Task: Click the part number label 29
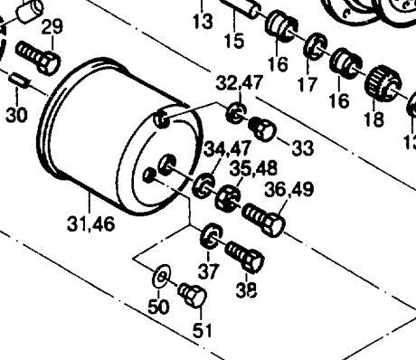click(x=52, y=27)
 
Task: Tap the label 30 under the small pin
click(x=17, y=115)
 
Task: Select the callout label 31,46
click(x=91, y=224)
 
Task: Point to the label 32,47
click(x=239, y=82)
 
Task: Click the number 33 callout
click(x=303, y=148)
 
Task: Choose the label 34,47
click(x=228, y=148)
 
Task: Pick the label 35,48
click(x=253, y=168)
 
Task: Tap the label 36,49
click(x=289, y=189)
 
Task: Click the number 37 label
click(x=208, y=270)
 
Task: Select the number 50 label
click(x=158, y=307)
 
